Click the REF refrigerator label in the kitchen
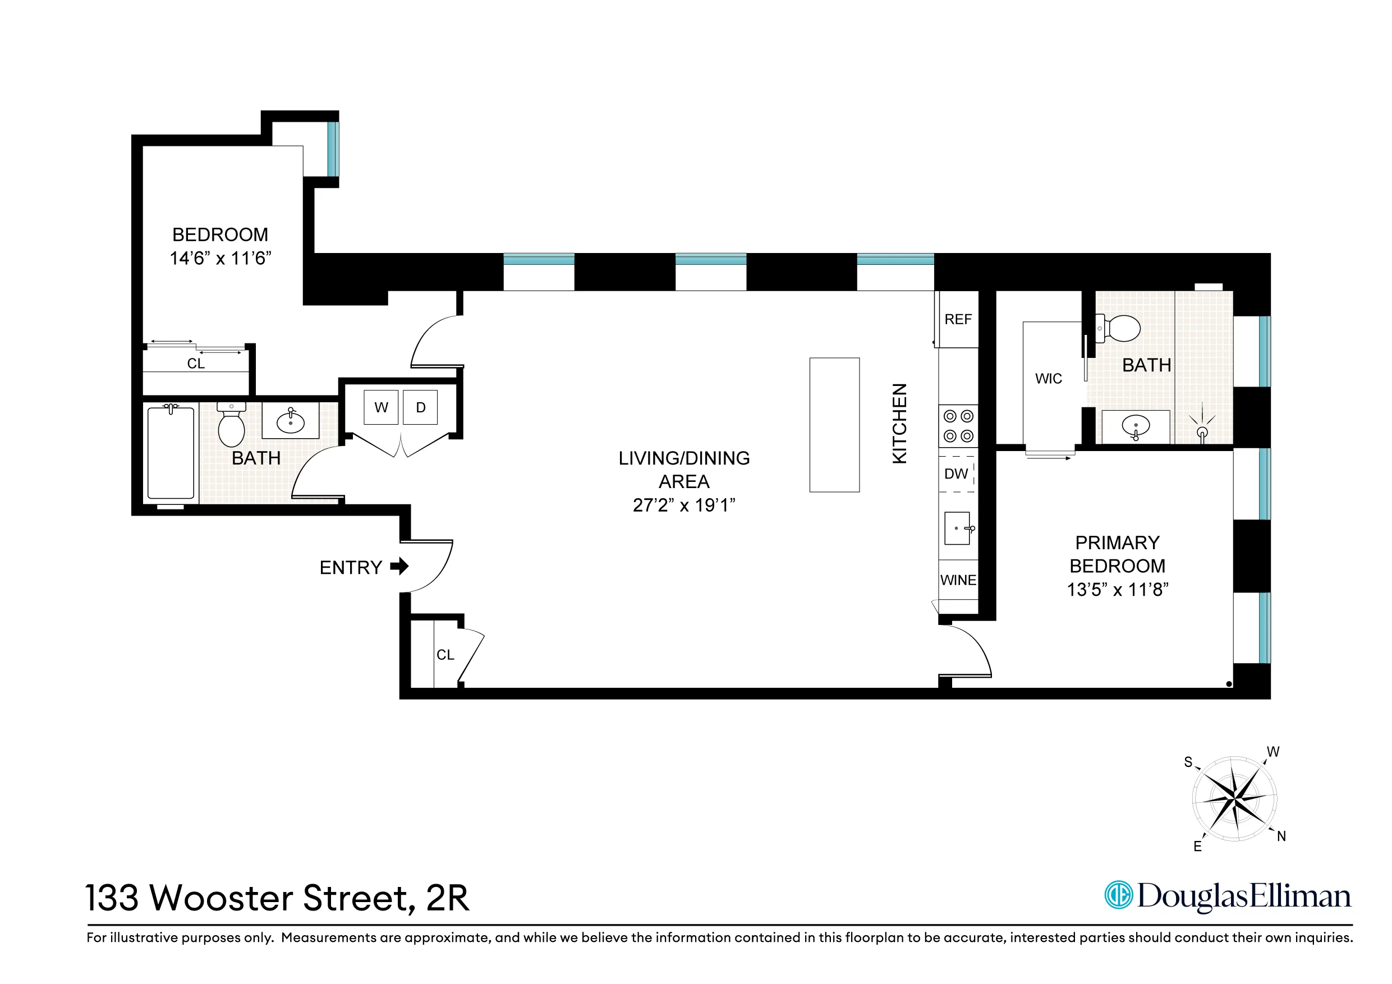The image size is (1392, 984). [957, 320]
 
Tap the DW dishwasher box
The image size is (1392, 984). [956, 474]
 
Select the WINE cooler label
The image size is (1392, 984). [958, 580]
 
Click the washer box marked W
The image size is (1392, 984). [381, 407]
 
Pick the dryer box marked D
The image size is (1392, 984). [420, 407]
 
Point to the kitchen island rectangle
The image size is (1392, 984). [834, 425]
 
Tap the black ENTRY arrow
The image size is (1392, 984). [399, 566]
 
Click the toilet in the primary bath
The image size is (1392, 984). [1119, 328]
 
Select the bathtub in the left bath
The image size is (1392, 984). [171, 453]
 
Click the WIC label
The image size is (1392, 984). [1048, 379]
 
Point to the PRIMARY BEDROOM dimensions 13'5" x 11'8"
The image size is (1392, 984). [1117, 589]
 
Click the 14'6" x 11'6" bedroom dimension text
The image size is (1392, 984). [220, 258]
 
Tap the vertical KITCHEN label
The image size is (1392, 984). [900, 423]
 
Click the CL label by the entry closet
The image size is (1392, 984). [445, 655]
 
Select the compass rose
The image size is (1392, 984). [1235, 798]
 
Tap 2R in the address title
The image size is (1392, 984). [447, 898]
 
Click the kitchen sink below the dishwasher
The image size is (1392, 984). [957, 528]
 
